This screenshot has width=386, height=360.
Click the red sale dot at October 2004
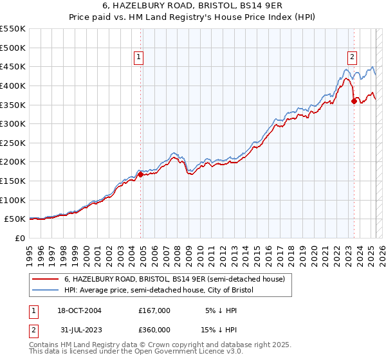(140, 174)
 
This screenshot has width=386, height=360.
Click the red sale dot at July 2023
(354, 100)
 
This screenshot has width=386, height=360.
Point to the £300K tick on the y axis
(13, 123)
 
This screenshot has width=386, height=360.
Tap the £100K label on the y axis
(13, 200)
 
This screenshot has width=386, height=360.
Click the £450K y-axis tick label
(13, 66)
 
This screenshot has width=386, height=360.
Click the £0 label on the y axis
(20, 238)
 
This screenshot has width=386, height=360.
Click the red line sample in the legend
(46, 279)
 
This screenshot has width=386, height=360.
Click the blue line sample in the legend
(46, 290)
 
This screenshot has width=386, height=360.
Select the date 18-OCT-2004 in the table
(80, 310)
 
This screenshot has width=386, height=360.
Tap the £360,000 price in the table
(154, 330)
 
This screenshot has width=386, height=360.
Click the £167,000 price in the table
(154, 310)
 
